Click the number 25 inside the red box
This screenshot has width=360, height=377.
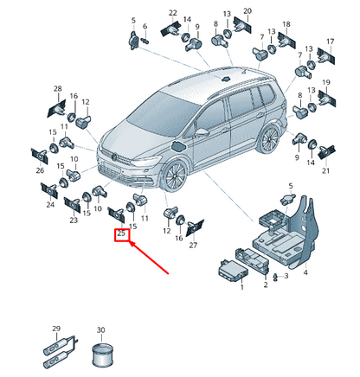click(x=121, y=233)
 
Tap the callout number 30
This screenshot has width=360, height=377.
click(x=100, y=329)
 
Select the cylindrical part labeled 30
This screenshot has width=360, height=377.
click(x=102, y=355)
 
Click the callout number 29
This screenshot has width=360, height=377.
click(x=56, y=329)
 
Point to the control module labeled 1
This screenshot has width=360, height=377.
click(x=233, y=272)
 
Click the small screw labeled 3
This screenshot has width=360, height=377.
click(x=276, y=277)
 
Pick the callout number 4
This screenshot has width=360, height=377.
click(x=305, y=272)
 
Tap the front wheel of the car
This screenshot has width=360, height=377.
click(x=175, y=176)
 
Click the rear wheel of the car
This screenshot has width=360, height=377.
click(x=269, y=140)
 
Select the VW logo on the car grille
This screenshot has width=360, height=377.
click(x=115, y=157)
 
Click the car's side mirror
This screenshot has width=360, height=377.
click(x=202, y=133)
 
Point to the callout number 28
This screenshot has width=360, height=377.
click(x=58, y=88)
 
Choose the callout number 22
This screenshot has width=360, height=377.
click(x=173, y=13)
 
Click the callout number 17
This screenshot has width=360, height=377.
click(x=330, y=42)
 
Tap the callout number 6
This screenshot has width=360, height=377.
click(x=145, y=26)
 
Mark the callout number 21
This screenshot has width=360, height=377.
click(x=325, y=170)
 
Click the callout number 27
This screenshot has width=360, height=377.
click(x=193, y=245)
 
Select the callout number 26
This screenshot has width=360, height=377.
click(x=40, y=170)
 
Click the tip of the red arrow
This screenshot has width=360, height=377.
click(x=129, y=242)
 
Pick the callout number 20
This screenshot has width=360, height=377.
click(x=247, y=11)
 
